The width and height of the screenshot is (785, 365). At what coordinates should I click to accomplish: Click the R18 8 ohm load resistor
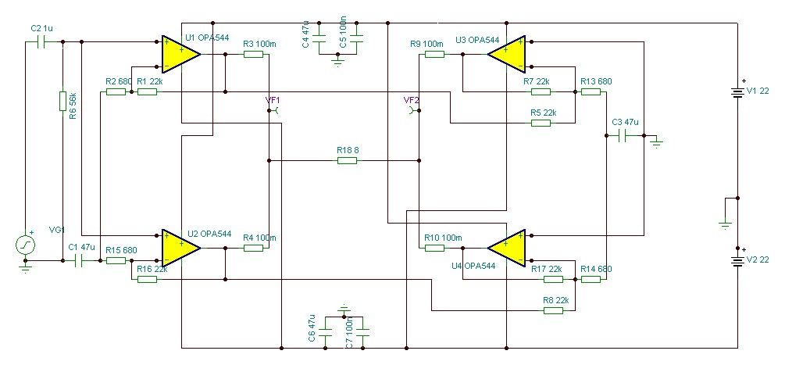tap(347, 161)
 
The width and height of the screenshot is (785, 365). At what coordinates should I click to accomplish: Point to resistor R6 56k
tap(62, 101)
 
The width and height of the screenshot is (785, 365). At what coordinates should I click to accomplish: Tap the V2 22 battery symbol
tap(737, 259)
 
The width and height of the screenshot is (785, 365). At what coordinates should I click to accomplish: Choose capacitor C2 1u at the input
tap(41, 43)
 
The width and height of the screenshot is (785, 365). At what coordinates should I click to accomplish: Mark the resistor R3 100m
tap(253, 54)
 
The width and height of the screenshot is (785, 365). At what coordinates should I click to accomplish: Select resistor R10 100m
tap(434, 249)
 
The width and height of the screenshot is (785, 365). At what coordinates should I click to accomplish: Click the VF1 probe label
tap(273, 99)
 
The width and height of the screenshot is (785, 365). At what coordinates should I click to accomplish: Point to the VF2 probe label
tap(411, 99)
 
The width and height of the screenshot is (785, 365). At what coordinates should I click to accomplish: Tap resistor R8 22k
tap(553, 311)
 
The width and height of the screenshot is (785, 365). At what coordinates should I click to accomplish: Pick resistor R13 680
tap(591, 91)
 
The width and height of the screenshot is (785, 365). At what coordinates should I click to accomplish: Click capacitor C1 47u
tap(79, 261)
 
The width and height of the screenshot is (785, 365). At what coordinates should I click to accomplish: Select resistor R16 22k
tap(147, 279)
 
